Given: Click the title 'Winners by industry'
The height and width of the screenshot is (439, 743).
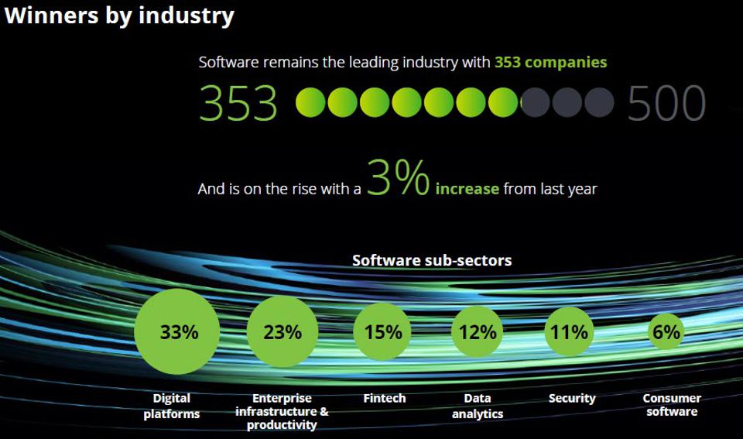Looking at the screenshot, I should pos(118,15).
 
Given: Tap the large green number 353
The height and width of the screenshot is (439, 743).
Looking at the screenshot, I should pos(238,103).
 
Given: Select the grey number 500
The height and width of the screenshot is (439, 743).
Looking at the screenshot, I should pos(666,103).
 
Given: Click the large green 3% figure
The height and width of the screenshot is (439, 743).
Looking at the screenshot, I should pos(398,178).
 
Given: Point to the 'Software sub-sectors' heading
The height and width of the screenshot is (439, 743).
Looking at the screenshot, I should pos(432,260).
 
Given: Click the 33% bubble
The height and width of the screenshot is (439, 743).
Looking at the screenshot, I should pos(178,332).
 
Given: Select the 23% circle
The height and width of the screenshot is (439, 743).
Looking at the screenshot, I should pos(282,332).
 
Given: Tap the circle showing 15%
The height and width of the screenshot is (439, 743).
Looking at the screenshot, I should pos(383,332).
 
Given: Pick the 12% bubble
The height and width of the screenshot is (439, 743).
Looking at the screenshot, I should pos(477,332).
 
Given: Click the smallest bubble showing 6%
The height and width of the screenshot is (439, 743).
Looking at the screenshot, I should pos(666,332).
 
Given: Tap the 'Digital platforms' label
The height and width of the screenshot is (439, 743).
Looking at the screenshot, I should pos(171,406).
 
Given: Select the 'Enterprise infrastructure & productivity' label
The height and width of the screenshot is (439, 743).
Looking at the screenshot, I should pos(282,411).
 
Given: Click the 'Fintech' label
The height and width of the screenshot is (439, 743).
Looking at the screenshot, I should pos(384,398).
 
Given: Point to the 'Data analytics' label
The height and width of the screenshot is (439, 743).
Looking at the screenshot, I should pos(478,406).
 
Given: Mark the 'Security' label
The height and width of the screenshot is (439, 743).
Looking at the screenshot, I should pos(572,398).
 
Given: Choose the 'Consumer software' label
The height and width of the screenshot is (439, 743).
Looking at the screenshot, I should pos(672,404).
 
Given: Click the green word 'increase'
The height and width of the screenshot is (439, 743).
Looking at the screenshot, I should pos(467,189).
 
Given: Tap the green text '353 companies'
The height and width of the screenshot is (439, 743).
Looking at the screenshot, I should pos(550,62).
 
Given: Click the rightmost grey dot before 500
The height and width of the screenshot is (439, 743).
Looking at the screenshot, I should pos(598,102).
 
